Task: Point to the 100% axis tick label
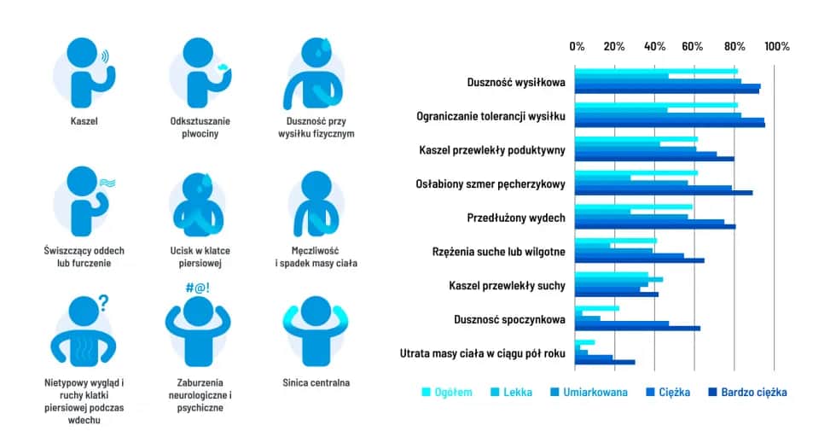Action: tap(776, 46)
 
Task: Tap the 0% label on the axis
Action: tap(578, 46)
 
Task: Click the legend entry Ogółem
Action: tap(446, 393)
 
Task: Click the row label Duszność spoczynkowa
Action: tap(509, 320)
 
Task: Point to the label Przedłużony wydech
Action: tap(516, 218)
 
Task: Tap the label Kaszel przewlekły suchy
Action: tap(506, 286)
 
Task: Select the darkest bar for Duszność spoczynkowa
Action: tap(637, 328)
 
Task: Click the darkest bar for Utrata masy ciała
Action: tap(605, 362)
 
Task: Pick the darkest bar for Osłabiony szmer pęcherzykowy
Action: tap(664, 192)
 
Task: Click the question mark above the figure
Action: tap(102, 301)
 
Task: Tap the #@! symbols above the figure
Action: tap(197, 288)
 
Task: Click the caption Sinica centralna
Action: tap(316, 383)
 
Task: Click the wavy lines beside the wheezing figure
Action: tap(107, 183)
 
